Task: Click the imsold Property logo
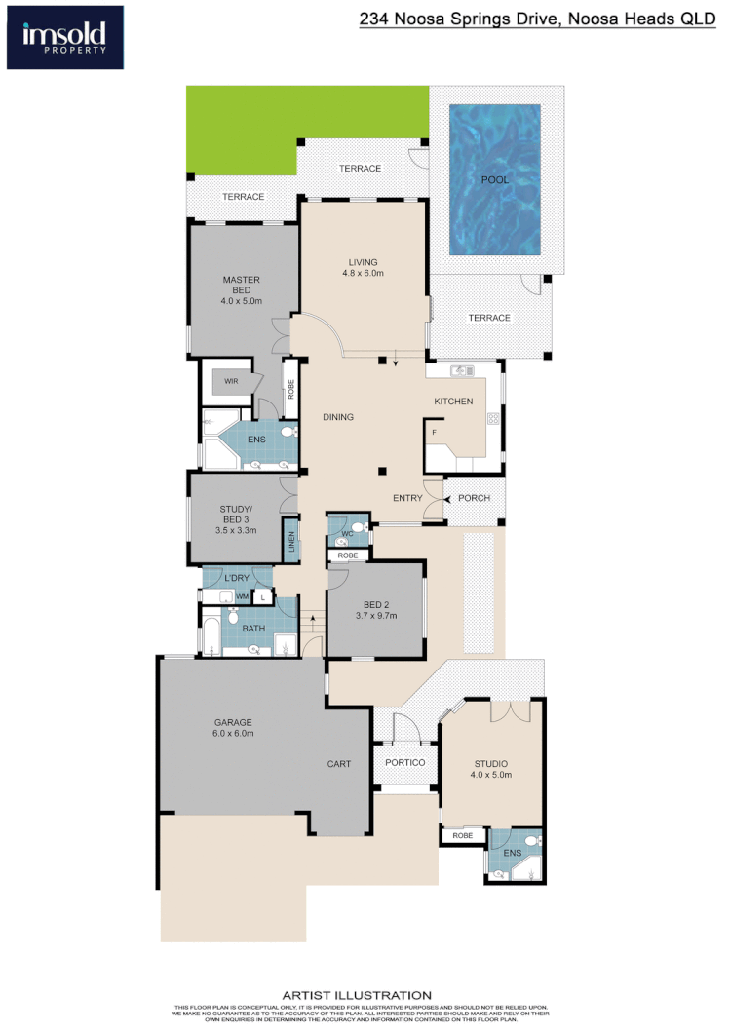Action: point(64,37)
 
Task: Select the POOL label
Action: point(494,180)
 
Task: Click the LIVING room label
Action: point(363,267)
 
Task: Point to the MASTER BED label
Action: point(241,290)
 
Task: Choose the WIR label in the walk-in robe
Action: point(231,381)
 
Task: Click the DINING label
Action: point(338,417)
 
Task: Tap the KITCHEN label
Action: point(453,402)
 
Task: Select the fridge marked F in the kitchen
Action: point(434,431)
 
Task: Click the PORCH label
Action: point(474,498)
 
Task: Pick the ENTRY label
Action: point(407,498)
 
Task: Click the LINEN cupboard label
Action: point(289,540)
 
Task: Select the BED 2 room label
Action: point(375,609)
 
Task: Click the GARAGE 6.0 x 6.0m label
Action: point(234,727)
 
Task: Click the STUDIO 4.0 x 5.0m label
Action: point(490,769)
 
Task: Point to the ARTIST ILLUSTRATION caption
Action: point(356,995)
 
